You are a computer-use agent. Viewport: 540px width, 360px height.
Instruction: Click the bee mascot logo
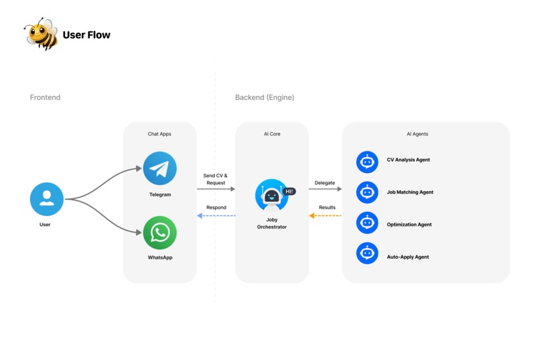(41, 34)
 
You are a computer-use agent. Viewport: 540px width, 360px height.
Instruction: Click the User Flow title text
(86, 35)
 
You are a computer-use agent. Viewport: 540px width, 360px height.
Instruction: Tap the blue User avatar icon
(46, 199)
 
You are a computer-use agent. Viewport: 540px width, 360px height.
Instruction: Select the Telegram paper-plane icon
(159, 168)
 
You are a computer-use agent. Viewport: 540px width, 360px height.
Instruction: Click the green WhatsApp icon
(159, 233)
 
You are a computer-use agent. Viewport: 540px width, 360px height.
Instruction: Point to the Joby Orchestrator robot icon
(271, 196)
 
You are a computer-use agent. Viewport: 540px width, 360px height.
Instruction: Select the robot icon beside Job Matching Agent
(367, 192)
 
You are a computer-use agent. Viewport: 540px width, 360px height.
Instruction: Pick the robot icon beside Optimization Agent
(367, 225)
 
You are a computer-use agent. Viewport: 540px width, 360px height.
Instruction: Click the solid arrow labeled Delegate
(325, 189)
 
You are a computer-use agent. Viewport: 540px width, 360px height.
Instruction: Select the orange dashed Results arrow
(325, 216)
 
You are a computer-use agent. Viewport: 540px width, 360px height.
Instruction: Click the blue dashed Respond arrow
(216, 216)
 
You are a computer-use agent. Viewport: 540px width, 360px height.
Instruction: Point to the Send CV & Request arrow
(216, 189)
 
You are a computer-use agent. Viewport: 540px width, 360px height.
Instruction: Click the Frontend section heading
(45, 98)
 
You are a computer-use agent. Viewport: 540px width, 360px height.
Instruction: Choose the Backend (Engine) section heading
(265, 98)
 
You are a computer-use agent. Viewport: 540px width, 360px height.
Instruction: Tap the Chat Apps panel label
(159, 134)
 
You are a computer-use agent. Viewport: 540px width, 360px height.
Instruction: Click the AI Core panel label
(271, 134)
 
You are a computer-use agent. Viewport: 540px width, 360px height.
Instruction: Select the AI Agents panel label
(417, 134)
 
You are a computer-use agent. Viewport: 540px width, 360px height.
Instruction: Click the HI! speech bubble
(289, 191)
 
